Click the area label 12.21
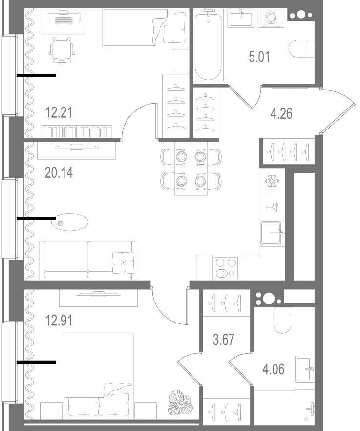59,113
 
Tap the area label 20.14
59,173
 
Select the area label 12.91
59,321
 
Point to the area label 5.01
259,57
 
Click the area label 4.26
281,114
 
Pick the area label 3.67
224,340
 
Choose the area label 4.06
274,369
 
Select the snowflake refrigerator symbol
272,181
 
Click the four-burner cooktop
226,267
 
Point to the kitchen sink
271,234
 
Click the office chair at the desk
62,51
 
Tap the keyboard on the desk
64,21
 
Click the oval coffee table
70,222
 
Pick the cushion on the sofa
124,262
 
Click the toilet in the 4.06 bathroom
282,320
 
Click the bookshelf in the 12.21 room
77,131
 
